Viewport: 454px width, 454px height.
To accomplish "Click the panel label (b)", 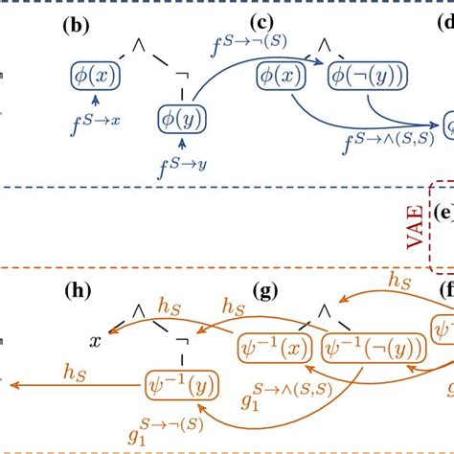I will tap(76, 26).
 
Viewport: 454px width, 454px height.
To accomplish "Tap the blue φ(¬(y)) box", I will tap(364, 76).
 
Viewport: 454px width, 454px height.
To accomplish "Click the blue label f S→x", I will tap(96, 119).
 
